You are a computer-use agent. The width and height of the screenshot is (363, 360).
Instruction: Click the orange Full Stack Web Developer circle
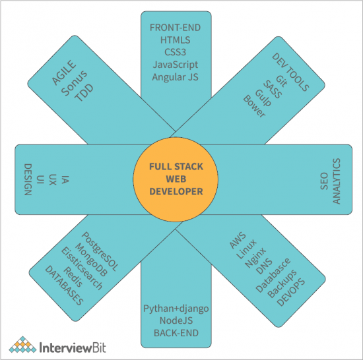click(176, 178)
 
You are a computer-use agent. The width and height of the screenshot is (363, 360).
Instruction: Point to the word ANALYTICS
click(337, 180)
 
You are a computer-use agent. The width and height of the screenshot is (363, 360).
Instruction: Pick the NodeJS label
click(176, 320)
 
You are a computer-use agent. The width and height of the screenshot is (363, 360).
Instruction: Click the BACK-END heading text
click(176, 333)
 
